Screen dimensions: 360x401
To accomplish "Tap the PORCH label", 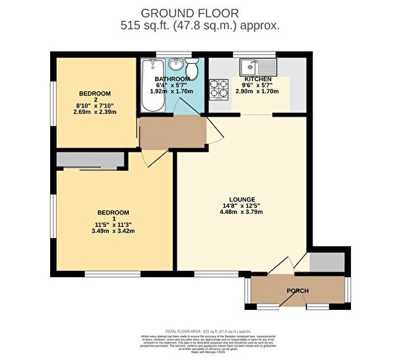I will [297, 291].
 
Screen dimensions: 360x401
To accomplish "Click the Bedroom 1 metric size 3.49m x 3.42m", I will [114, 231].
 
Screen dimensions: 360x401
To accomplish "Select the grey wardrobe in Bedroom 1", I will [90, 160].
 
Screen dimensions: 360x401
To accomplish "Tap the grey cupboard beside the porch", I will [320, 262].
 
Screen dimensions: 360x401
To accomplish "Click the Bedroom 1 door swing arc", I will [156, 158].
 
